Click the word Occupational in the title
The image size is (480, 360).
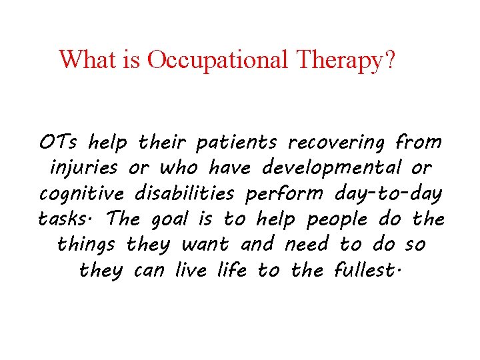[x=217, y=60]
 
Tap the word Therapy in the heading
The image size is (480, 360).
[x=339, y=60]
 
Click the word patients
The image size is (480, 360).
[x=236, y=143]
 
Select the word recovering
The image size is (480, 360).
[x=336, y=143]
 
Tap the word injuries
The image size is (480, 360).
[x=84, y=168]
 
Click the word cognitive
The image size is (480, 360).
[x=82, y=193]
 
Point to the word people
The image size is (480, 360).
[x=337, y=219]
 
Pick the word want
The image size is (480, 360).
[x=205, y=245]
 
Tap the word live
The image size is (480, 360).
[x=191, y=270]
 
